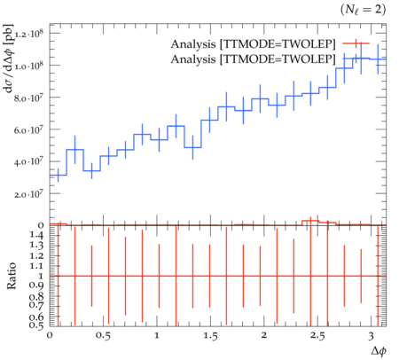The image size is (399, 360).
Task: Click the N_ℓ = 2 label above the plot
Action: pyautogui.click(x=364, y=10)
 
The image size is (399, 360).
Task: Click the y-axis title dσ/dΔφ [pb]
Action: pyautogui.click(x=10, y=58)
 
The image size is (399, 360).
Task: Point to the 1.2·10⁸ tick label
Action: pyautogui.click(x=29, y=34)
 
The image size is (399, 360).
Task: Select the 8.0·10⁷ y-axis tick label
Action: pyautogui.click(x=29, y=98)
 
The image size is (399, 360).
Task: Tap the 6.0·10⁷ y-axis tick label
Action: pyautogui.click(x=29, y=130)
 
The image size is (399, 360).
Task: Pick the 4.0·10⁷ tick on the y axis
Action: pyautogui.click(x=29, y=162)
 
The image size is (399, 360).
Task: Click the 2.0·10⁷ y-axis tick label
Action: pyautogui.click(x=29, y=194)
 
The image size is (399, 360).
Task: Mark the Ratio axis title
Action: pyautogui.click(x=12, y=276)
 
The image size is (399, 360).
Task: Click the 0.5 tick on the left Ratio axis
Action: pyautogui.click(x=36, y=325)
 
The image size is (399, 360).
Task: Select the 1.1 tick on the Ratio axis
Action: pyautogui.click(x=36, y=266)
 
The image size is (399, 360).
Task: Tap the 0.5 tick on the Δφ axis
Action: pyautogui.click(x=103, y=336)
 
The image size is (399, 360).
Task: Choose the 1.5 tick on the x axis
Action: pyautogui.click(x=210, y=336)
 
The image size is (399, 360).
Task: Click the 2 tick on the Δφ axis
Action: pyautogui.click(x=264, y=335)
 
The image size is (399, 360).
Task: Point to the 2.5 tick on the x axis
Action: pyautogui.click(x=317, y=336)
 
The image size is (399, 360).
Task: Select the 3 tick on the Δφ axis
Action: pyautogui.click(x=371, y=336)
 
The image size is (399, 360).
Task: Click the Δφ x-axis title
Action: pyautogui.click(x=379, y=351)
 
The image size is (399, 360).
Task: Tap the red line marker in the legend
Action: pyautogui.click(x=356, y=43)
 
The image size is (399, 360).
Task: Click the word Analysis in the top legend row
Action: pyautogui.click(x=193, y=44)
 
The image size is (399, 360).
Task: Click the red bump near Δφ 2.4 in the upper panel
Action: pyautogui.click(x=310, y=221)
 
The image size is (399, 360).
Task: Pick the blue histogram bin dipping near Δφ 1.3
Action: pyautogui.click(x=192, y=147)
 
